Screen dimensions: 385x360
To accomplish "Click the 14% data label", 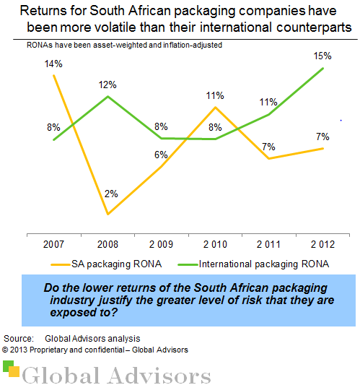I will coord(55,64).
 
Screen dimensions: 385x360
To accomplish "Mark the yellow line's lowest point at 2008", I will coord(108,214).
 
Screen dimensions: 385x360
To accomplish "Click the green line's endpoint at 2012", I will coord(322,68).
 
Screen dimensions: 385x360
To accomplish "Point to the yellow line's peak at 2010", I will coord(215,107).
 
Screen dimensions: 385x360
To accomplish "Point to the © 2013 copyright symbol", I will coord(5,350).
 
